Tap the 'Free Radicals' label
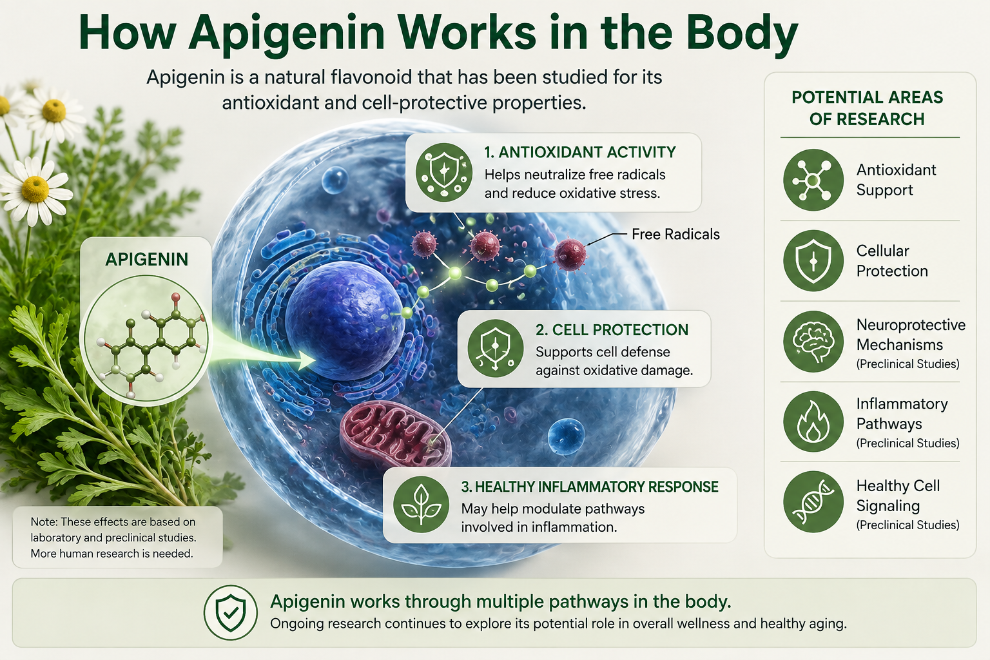click(x=675, y=235)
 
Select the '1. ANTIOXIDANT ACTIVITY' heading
click(x=580, y=152)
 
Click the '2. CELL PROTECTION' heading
click(x=612, y=330)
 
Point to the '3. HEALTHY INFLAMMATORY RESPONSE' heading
click(x=590, y=487)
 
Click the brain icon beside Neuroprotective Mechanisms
click(x=813, y=341)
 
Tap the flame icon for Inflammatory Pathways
click(x=813, y=422)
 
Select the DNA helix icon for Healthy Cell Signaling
click(x=813, y=501)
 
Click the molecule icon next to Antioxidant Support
click(x=813, y=180)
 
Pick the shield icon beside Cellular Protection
click(x=813, y=260)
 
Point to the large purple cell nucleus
click(x=344, y=320)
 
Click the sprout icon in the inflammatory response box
click(x=421, y=505)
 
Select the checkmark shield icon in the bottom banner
click(x=230, y=613)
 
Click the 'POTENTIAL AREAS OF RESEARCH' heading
click(x=867, y=108)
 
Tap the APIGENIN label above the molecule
click(x=147, y=260)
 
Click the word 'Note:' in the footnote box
click(x=44, y=521)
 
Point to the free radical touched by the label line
click(x=570, y=255)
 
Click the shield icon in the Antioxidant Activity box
click(x=444, y=172)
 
